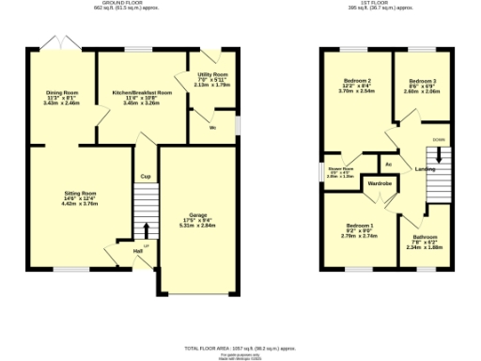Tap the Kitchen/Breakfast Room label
(x=142, y=93)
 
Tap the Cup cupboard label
(x=146, y=176)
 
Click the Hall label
(x=137, y=251)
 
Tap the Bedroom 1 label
(x=359, y=227)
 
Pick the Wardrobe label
(x=380, y=182)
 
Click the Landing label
(x=425, y=168)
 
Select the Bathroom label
(x=425, y=237)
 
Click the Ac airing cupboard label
(x=386, y=151)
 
